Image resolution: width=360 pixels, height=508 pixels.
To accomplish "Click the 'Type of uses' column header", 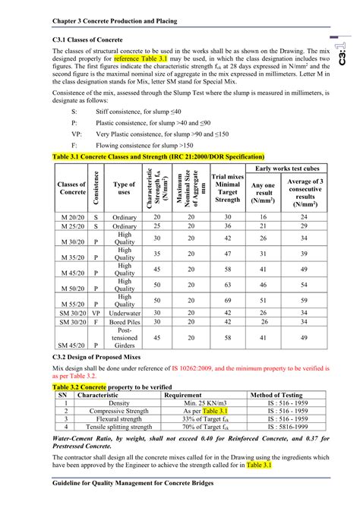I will (x=124, y=188).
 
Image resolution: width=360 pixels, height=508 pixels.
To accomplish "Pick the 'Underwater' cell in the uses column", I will (x=124, y=311).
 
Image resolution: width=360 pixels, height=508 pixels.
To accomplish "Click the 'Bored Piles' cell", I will (x=124, y=321).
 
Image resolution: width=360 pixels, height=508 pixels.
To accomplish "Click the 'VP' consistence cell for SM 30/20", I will (x=96, y=311).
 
